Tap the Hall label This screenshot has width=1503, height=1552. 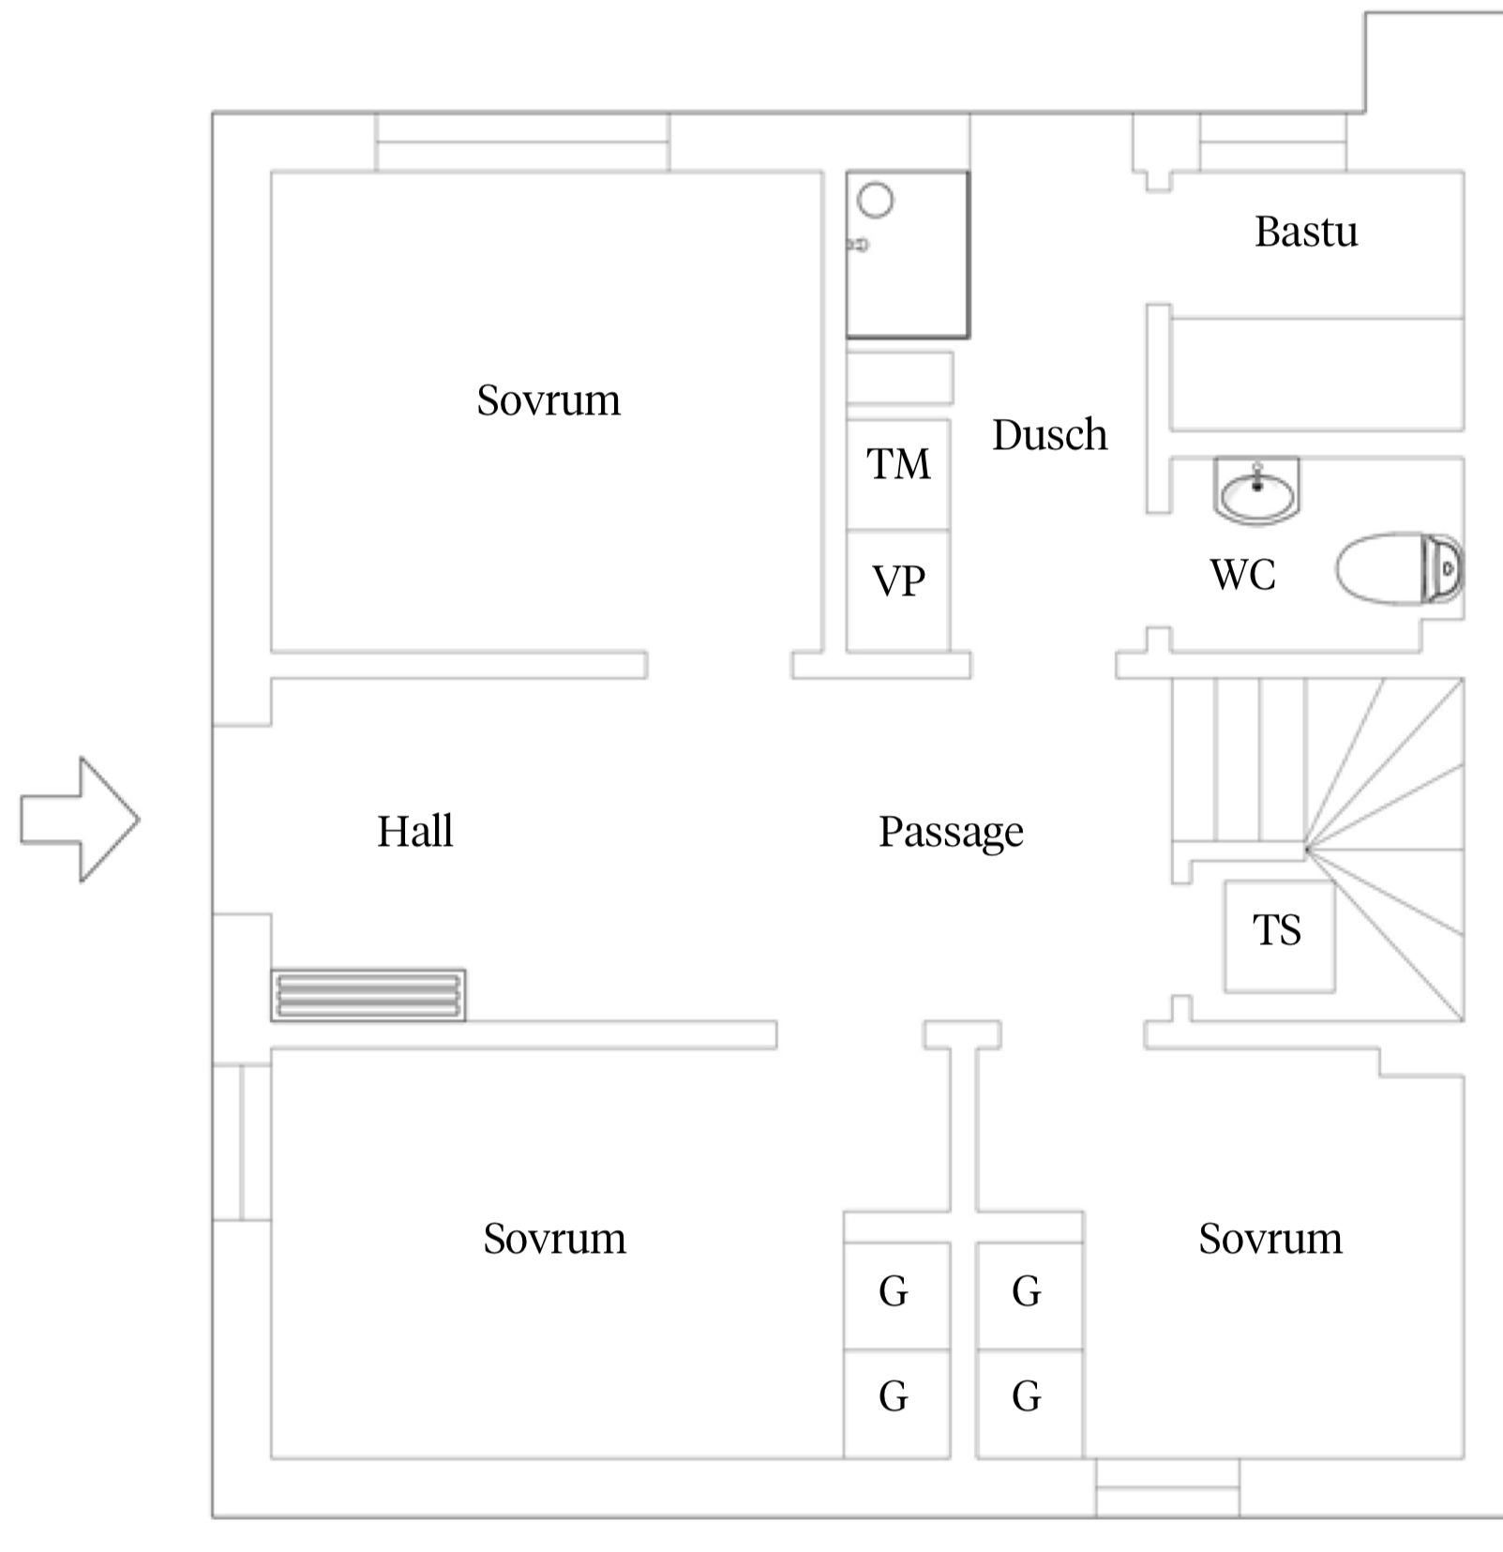tap(414, 831)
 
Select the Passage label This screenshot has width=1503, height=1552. tap(951, 832)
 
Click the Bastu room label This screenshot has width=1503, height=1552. tap(1306, 232)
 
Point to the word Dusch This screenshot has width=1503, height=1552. tap(1050, 435)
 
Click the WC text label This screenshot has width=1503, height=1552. tap(1243, 575)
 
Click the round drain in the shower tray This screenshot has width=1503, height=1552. tap(876, 200)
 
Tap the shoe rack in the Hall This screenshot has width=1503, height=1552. tap(368, 995)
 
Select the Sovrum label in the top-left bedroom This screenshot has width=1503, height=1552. tap(549, 400)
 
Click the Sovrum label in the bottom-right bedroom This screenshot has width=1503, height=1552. tap(1270, 1239)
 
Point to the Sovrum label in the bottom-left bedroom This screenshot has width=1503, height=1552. tap(554, 1239)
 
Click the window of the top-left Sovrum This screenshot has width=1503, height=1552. tap(522, 143)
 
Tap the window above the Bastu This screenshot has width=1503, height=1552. tap(1272, 143)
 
